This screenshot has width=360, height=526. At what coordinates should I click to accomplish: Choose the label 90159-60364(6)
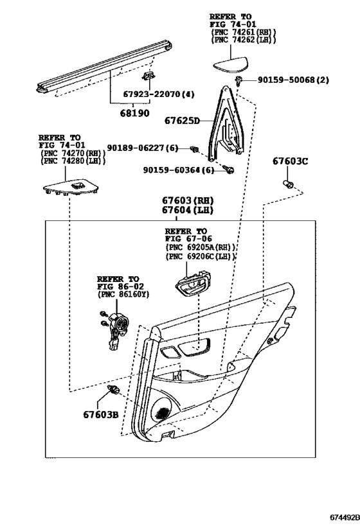pyautogui.click(x=179, y=170)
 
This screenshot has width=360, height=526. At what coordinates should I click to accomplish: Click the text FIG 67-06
pyautogui.click(x=186, y=239)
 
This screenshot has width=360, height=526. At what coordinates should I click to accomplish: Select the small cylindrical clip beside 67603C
pyautogui.click(x=289, y=184)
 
